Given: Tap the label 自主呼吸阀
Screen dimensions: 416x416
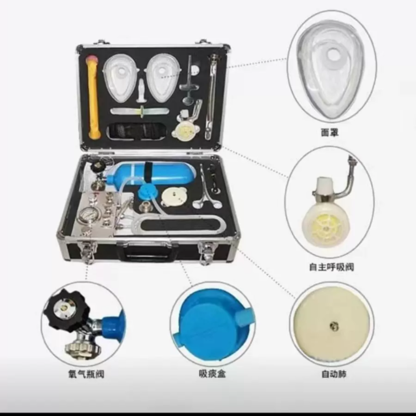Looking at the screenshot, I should (331, 268).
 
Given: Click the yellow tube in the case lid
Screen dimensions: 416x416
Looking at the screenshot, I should (94, 96).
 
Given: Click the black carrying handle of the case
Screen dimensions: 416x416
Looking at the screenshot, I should (144, 253).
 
